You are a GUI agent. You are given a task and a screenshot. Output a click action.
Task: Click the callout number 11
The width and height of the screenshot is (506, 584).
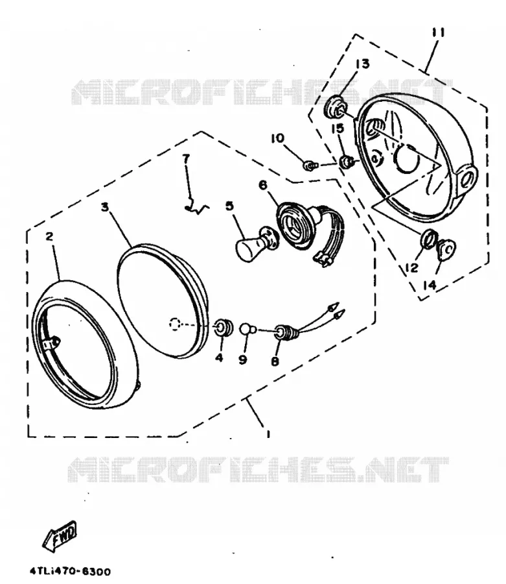click(x=438, y=33)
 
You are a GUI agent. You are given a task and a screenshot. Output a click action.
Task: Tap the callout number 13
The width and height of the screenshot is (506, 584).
click(x=362, y=64)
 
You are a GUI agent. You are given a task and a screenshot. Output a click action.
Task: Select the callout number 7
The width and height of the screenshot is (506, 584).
click(x=186, y=158)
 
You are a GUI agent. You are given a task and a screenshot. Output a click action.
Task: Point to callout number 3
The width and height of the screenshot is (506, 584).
click(x=105, y=207)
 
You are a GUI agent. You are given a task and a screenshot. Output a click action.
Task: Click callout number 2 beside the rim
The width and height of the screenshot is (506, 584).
click(x=49, y=236)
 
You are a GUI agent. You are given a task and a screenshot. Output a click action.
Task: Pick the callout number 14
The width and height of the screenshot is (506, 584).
click(x=429, y=285)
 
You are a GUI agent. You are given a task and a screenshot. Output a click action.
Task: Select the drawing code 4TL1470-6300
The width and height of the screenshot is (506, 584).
click(x=70, y=571)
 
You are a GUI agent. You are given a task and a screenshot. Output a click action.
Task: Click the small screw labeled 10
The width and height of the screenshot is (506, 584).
click(x=309, y=165)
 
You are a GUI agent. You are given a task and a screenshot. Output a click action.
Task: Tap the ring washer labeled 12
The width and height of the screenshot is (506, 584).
click(x=428, y=239)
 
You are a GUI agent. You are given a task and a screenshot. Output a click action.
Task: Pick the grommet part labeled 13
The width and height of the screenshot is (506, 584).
click(x=336, y=106)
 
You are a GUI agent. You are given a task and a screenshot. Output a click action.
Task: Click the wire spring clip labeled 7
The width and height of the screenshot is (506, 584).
click(x=197, y=209)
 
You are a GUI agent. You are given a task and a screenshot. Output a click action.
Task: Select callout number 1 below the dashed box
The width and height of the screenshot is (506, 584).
click(x=268, y=433)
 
